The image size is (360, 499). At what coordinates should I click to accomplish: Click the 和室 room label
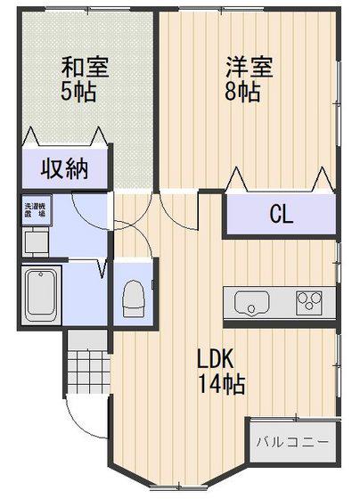pyautogui.click(x=85, y=67)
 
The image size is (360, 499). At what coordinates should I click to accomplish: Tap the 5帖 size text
pyautogui.click(x=78, y=92)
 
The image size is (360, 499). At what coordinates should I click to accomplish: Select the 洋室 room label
pyautogui.click(x=250, y=67)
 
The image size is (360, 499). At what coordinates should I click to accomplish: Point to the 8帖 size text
pyautogui.click(x=242, y=92)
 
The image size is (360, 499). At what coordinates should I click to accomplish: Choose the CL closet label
pyautogui.click(x=282, y=214)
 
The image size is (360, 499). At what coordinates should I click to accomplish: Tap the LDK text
pyautogui.click(x=216, y=358)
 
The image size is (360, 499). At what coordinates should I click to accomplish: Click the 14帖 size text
pyautogui.click(x=222, y=383)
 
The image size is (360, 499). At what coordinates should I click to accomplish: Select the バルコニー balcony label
pyautogui.click(x=292, y=442)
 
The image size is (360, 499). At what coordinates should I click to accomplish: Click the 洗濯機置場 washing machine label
pyautogui.click(x=36, y=210)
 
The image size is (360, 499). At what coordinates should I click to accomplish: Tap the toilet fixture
pyautogui.click(x=134, y=299)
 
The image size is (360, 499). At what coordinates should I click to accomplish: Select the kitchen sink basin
pyautogui.click(x=252, y=303)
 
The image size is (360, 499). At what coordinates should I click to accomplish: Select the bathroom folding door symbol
pyautogui.click(x=102, y=268)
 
